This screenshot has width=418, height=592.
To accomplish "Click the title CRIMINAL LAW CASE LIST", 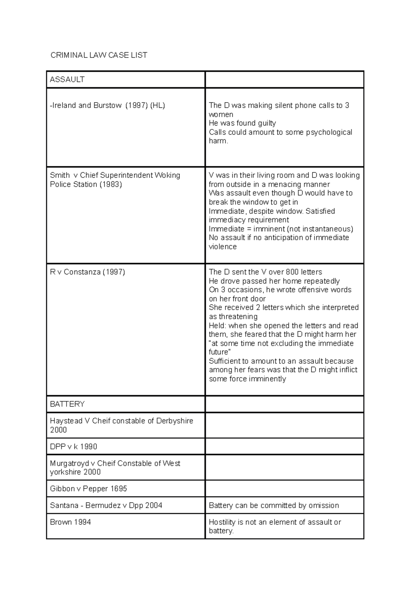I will tap(99, 55).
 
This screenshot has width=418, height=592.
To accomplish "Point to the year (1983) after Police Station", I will tap(110, 184).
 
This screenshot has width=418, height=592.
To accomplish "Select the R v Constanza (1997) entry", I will tap(87, 272).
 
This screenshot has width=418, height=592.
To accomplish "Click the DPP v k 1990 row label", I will tap(73, 447).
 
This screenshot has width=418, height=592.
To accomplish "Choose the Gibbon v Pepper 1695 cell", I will tap(88, 489).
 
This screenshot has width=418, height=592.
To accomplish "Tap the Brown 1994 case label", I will tap(70, 522).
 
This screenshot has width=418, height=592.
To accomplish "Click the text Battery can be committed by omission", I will tap(274, 506).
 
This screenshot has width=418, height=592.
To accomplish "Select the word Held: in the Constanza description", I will tap(217, 326).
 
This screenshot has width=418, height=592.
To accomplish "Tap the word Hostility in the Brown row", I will tap(222, 522).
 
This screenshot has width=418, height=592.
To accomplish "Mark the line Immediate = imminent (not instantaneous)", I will tap(281, 229).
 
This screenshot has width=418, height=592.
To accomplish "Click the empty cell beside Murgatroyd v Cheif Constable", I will tap(284, 468).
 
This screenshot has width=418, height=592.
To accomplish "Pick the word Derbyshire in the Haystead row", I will tap(175, 421).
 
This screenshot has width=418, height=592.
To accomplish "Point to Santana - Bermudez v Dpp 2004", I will tap(106, 506).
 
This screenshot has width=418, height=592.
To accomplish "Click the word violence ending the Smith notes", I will tap(223, 247).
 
